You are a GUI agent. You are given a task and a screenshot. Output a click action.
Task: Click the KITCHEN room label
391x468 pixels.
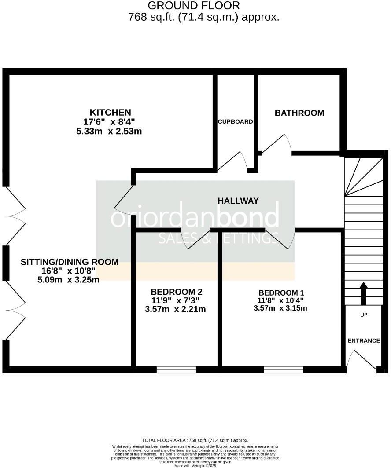111,112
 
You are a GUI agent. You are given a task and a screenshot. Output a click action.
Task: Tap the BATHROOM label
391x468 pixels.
299,113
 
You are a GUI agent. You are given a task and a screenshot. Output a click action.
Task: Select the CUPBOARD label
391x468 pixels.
236,121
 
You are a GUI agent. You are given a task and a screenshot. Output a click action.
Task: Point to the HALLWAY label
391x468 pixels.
238,201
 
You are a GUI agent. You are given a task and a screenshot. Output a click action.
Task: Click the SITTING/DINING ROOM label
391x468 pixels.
70,262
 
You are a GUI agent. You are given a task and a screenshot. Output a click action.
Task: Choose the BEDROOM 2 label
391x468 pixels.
176,292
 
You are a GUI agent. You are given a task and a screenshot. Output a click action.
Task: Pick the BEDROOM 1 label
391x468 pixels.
281,292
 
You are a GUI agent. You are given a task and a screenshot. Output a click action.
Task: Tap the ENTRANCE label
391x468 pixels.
364,340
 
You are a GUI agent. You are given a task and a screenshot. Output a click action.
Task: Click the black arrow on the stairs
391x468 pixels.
364,293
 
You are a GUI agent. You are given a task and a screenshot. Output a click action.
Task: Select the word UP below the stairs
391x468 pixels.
364,315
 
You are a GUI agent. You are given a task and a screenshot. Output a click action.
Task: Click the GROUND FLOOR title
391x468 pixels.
194,6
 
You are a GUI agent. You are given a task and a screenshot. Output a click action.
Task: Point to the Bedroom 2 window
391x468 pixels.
176,369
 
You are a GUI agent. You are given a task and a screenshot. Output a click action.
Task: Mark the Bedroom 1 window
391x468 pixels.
284,369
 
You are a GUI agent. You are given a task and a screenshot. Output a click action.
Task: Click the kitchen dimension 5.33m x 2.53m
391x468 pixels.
109,131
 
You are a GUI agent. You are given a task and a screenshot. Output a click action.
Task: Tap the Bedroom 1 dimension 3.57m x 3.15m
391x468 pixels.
280,308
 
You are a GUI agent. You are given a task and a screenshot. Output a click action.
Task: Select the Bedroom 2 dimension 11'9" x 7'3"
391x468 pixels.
176,300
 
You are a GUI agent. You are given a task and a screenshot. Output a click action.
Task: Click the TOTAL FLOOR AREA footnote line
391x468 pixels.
195,440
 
